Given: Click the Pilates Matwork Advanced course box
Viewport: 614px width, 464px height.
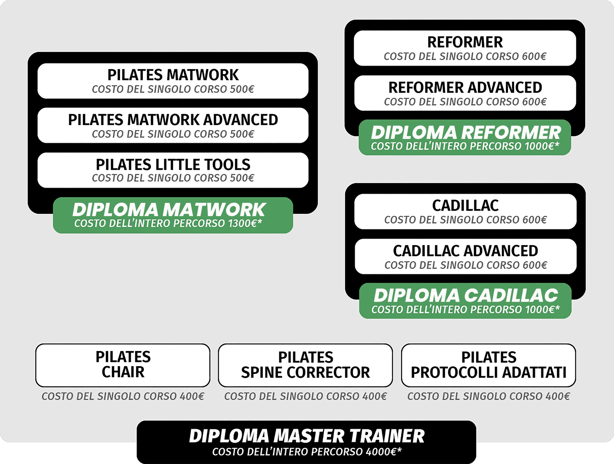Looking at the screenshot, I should pos(173,125).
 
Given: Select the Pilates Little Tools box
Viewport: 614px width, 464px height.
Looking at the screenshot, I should pos(173,170).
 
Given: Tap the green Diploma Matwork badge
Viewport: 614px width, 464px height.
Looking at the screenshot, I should pos(173,215).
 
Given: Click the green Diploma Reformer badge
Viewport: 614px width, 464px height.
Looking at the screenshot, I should pos(465,137).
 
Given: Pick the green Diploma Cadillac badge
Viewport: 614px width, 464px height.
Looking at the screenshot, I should pos(465,301).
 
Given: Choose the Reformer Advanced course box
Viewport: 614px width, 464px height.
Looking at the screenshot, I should pos(465,93).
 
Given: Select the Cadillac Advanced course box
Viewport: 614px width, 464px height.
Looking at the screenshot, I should pos(465,256).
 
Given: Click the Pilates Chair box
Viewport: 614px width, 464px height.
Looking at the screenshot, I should pos(123,365).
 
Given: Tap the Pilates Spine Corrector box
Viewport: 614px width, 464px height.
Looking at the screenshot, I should pos(305,365).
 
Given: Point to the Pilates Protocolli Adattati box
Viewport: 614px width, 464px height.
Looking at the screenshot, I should pos(489,365).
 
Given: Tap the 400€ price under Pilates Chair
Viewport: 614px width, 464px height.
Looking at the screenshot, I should pos(192,396).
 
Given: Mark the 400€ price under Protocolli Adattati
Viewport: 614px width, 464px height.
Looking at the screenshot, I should pos(557,396).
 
